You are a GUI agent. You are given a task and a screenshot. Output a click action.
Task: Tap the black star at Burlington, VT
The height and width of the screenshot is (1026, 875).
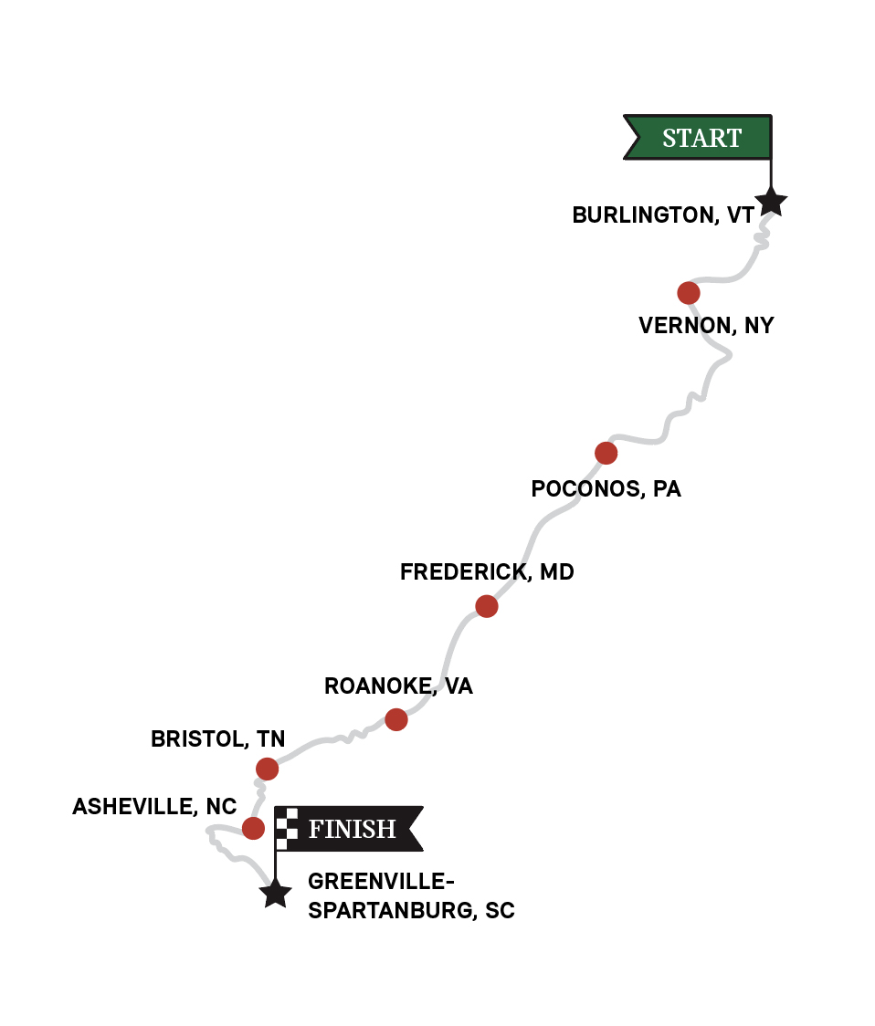[771, 201]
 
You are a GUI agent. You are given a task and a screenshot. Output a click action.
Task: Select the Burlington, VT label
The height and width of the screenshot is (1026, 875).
[663, 215]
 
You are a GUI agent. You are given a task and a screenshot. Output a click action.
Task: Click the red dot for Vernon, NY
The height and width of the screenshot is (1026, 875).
[689, 293]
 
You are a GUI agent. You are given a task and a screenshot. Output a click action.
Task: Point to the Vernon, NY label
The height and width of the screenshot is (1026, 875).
[706, 326]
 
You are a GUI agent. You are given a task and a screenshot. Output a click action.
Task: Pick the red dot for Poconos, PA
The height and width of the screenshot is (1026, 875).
[606, 453]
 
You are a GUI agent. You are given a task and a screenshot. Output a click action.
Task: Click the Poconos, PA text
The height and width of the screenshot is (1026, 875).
[606, 489]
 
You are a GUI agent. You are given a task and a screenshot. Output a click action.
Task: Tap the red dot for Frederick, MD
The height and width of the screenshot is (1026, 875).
[487, 606]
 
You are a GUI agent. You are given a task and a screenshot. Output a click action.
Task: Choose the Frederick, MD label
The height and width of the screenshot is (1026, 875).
[487, 572]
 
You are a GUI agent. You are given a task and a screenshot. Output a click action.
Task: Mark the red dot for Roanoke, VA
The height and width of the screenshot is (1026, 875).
[395, 719]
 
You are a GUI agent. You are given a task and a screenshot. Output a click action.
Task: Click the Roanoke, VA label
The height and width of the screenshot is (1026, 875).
[398, 686]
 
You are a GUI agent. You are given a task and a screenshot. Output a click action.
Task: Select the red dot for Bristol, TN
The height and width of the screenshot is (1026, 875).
[267, 769]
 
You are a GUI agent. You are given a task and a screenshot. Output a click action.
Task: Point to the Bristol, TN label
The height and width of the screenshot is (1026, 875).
[217, 738]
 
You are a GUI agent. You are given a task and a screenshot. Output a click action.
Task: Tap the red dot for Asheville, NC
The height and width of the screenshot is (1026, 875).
[253, 828]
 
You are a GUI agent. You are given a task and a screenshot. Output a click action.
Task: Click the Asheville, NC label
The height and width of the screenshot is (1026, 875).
[154, 807]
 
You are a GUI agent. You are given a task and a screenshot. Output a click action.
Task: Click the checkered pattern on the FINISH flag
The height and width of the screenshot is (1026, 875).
[288, 828]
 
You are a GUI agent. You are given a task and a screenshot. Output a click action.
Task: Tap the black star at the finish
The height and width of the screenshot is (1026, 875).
[275, 893]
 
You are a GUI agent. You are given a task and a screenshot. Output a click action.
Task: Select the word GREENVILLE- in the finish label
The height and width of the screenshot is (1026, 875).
[381, 882]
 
